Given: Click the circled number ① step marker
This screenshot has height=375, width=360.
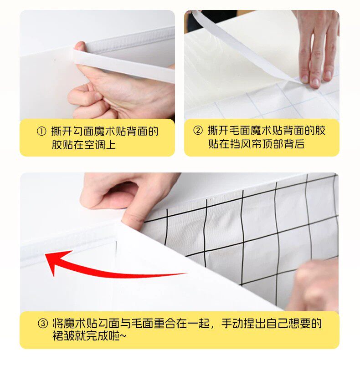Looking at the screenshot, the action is (x=41, y=132).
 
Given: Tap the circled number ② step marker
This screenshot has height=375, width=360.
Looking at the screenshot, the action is (x=198, y=131).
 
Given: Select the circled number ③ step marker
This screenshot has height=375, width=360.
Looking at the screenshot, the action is (x=43, y=323).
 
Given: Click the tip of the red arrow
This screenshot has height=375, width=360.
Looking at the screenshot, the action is (x=46, y=255).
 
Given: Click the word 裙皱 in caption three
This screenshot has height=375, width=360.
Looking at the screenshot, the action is (x=63, y=336).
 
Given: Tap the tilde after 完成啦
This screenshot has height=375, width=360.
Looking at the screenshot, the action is (x=123, y=336).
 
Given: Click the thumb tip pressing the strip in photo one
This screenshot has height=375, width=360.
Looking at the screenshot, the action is (x=80, y=46).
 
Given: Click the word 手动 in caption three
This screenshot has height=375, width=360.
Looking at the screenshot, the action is (x=232, y=323).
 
